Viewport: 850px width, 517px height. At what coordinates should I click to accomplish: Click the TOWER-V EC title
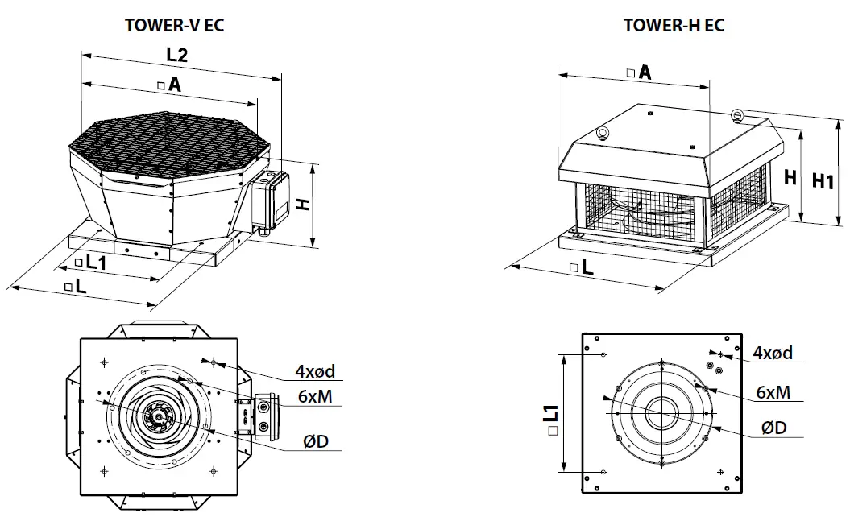(174, 25)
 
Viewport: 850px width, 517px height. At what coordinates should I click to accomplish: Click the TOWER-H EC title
(674, 25)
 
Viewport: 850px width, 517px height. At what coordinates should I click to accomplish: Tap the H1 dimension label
(822, 181)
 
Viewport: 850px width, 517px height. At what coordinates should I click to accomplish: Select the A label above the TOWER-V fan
(173, 84)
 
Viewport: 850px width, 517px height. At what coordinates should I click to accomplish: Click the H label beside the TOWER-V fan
(303, 205)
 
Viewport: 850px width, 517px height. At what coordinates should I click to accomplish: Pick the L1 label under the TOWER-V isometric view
(94, 262)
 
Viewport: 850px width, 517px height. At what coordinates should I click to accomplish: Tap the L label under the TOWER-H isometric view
(586, 267)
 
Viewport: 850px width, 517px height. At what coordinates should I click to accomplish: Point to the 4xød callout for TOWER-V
(314, 371)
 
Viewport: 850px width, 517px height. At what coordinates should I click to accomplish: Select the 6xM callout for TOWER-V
(314, 396)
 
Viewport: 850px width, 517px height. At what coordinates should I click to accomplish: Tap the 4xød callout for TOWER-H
(772, 353)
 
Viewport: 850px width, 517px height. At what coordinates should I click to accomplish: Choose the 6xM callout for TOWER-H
(772, 391)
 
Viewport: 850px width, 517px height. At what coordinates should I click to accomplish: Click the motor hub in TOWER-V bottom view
(154, 416)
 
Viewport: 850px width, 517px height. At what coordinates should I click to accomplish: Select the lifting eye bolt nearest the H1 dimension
(736, 118)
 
